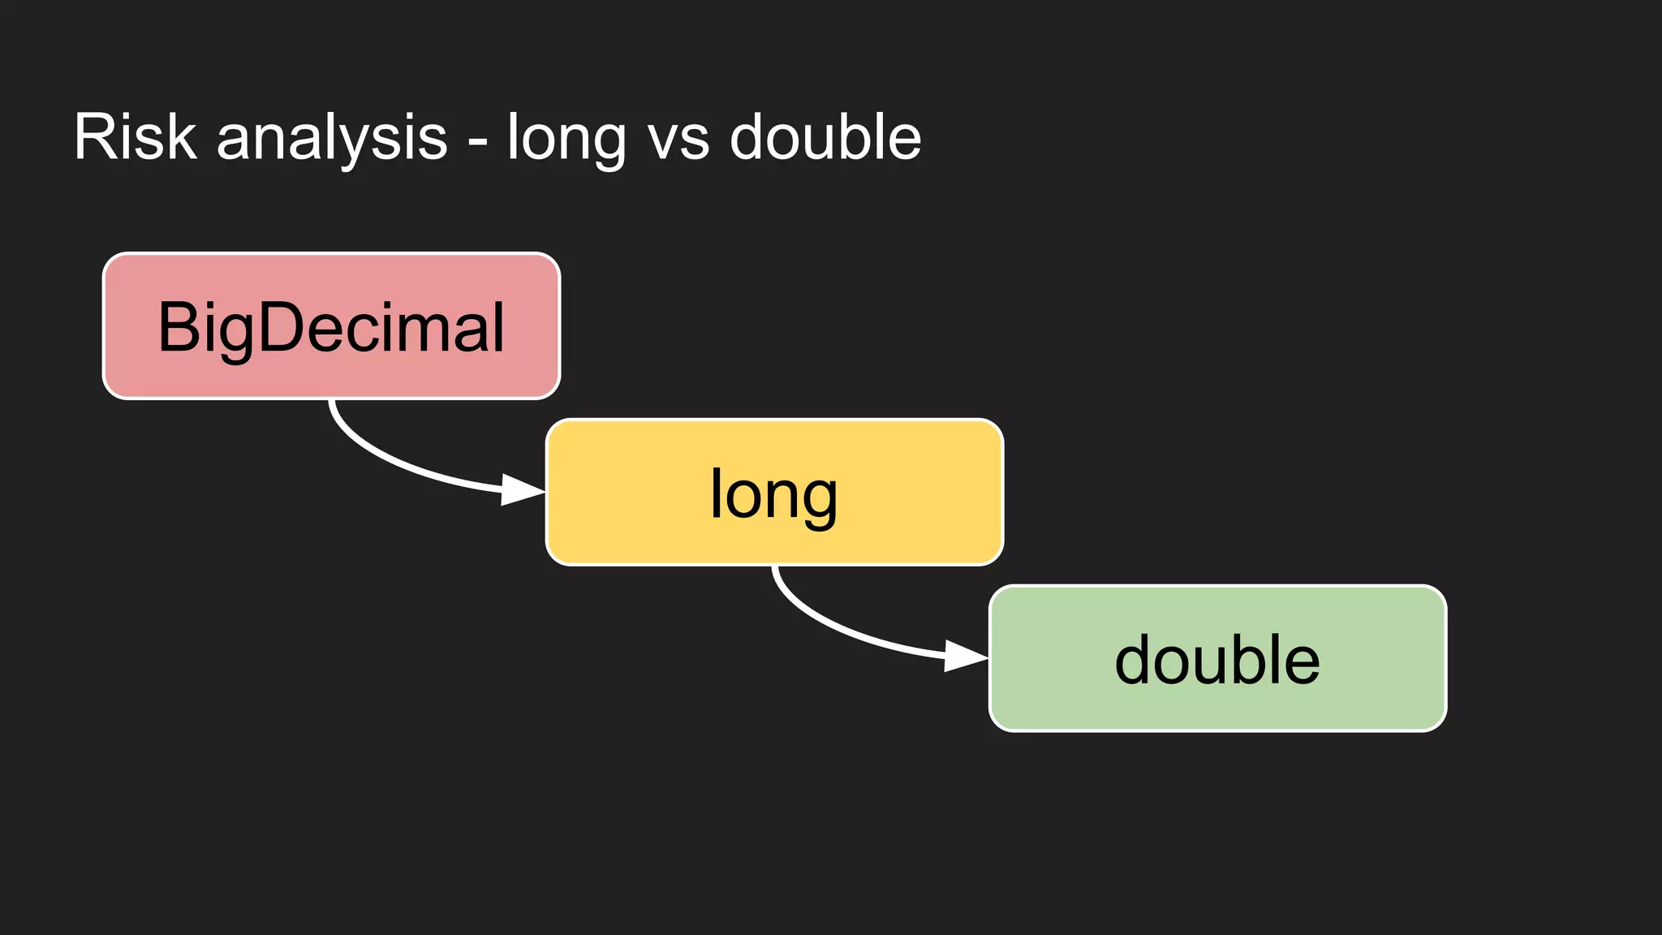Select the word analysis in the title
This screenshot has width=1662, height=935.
pyautogui.click(x=332, y=138)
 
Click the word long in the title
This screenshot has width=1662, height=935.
pyautogui.click(x=566, y=138)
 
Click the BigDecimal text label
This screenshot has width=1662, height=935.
pyautogui.click(x=331, y=327)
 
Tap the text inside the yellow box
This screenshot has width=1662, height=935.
pyautogui.click(x=773, y=494)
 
